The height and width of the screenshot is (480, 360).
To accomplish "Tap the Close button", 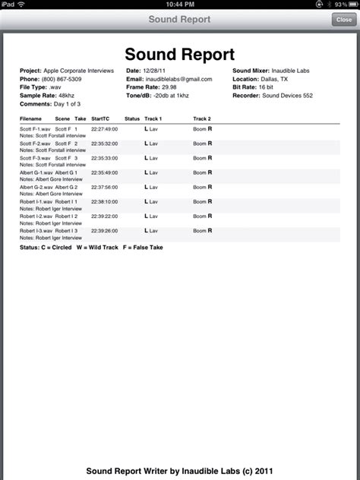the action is pos(343,20).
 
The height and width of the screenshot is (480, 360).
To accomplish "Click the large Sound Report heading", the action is pos(180,55).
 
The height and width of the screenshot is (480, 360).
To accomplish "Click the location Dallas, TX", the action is pos(271,78).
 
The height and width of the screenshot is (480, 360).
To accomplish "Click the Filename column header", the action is pos(32,119).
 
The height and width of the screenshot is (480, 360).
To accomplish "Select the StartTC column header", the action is pos(100,119).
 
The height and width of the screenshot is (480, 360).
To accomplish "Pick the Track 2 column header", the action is pos(202,119).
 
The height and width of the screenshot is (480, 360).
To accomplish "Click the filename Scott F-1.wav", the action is pos(34,130).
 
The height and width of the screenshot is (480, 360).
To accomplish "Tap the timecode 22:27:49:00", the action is pos(104,130).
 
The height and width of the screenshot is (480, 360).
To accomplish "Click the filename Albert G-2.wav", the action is pos(36,186).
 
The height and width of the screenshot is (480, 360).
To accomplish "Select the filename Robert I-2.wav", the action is pos(36,216).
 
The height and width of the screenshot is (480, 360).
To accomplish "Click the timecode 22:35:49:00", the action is pos(104,172).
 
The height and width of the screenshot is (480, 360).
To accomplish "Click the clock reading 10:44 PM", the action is pos(180,5).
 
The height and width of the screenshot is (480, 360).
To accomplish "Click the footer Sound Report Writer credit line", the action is pos(180,471).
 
